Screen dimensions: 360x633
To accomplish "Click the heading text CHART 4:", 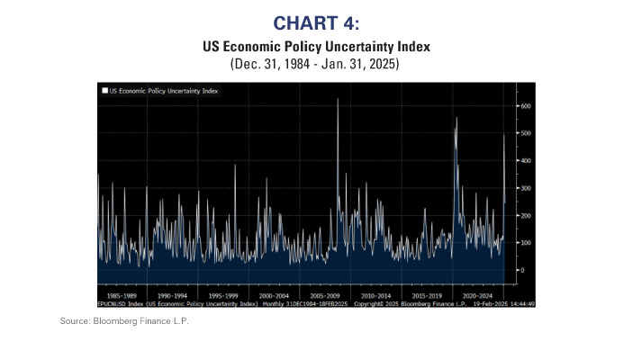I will click(x=315, y=22).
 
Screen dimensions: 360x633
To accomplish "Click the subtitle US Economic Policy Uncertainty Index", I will click(x=315, y=45).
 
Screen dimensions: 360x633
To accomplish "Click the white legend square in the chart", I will click(x=104, y=91).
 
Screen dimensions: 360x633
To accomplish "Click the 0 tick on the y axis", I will click(x=523, y=270).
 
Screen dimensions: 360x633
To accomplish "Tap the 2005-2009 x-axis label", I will click(x=322, y=294).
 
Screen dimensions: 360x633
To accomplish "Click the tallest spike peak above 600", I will click(x=338, y=99).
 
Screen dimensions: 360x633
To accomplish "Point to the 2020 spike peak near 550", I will click(x=457, y=119).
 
